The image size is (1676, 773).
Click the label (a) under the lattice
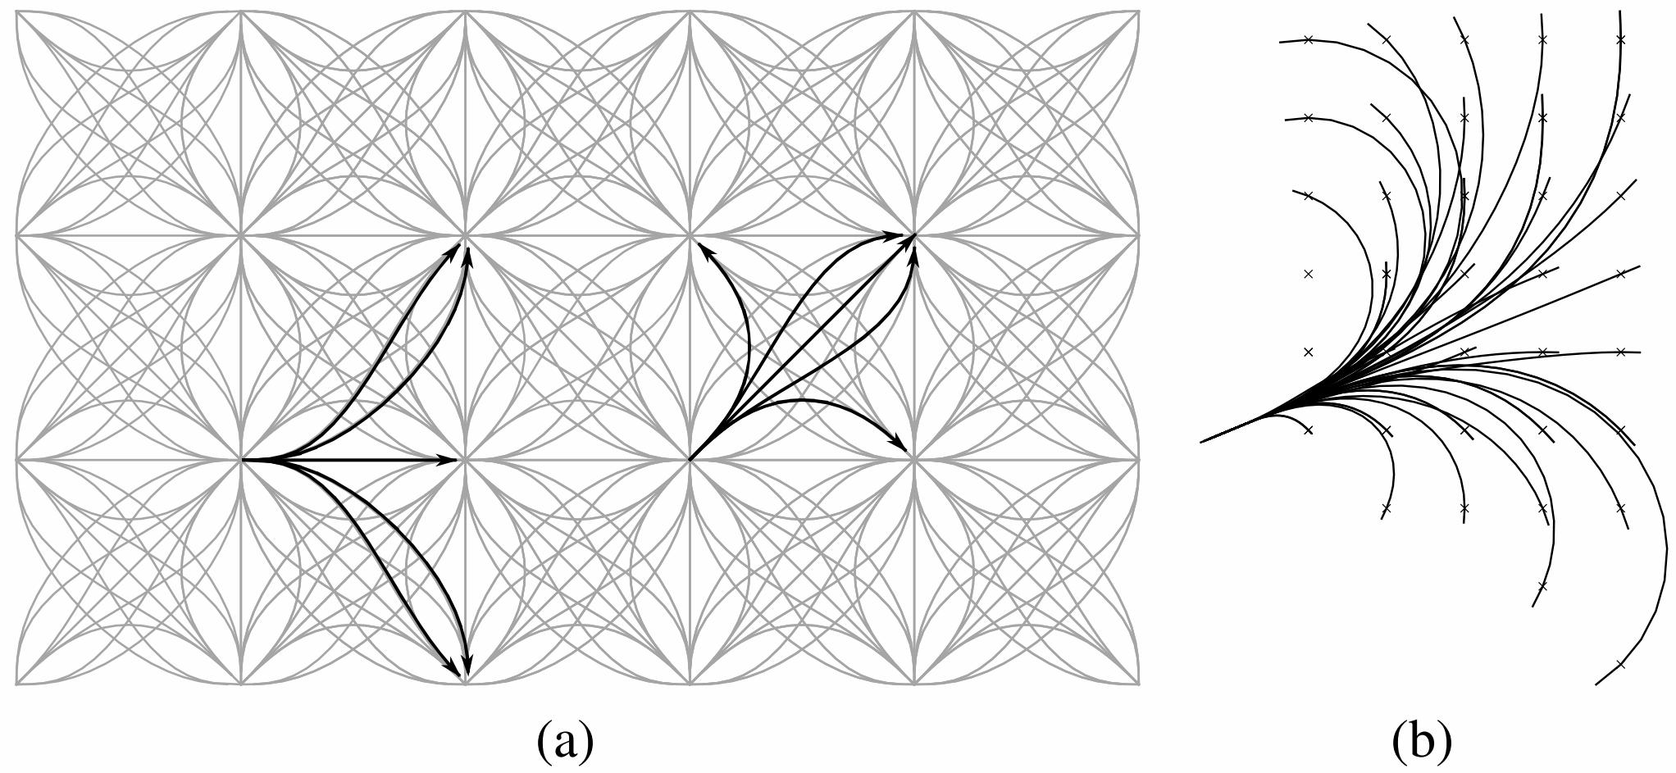click(x=564, y=742)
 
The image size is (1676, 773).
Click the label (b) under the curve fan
click(x=1421, y=742)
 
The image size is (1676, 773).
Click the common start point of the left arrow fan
click(x=242, y=460)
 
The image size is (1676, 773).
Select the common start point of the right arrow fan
click(x=690, y=460)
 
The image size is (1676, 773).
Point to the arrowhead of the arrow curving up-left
click(x=699, y=243)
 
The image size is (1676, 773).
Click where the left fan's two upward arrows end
click(x=464, y=243)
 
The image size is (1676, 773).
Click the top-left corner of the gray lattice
click(x=17, y=11)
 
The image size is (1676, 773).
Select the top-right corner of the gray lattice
click(x=1139, y=11)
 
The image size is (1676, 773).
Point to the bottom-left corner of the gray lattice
click(x=17, y=684)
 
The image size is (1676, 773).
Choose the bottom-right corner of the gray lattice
click(x=1139, y=684)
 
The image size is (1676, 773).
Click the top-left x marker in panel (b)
click(x=1309, y=39)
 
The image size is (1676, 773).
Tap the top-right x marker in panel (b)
click(x=1620, y=39)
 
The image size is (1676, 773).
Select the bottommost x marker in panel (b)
click(x=1620, y=664)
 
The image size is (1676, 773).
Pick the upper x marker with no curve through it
click(x=1309, y=274)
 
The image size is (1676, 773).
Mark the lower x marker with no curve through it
click(x=1309, y=352)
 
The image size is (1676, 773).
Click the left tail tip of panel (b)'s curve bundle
click(x=1202, y=442)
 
